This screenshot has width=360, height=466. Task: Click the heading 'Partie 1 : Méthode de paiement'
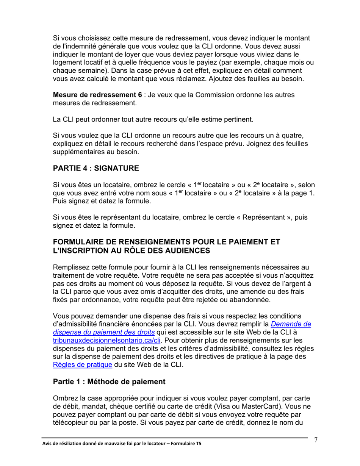[109, 382]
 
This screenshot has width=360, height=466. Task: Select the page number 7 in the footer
[316, 440]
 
